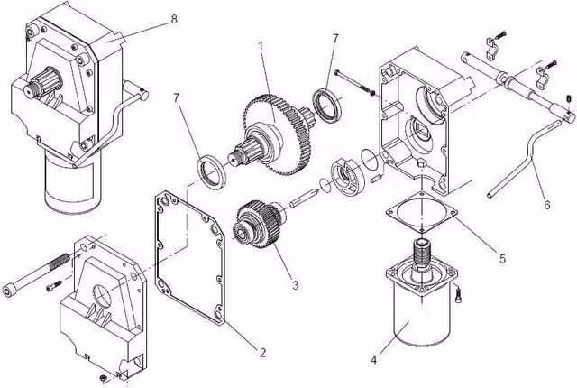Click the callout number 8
pyautogui.click(x=174, y=19)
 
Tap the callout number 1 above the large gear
pyautogui.click(x=261, y=46)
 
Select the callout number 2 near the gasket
pyautogui.click(x=262, y=353)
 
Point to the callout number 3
pyautogui.click(x=295, y=284)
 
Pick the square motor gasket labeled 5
pyautogui.click(x=422, y=212)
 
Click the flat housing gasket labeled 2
pyautogui.click(x=190, y=258)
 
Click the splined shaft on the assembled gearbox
pyautogui.click(x=41, y=84)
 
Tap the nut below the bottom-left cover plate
pyautogui.click(x=102, y=378)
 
